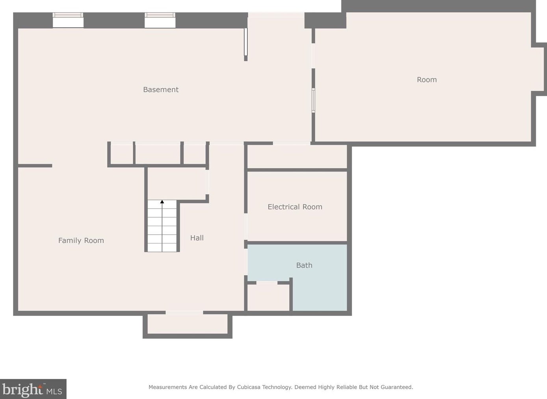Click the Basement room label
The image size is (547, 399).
161,89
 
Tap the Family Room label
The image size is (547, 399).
81,241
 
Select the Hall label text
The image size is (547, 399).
197,238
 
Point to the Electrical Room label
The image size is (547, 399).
295,207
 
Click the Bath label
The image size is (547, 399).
304,265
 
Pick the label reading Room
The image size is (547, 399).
427,80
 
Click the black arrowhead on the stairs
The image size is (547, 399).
162,201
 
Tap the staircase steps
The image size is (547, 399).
162,226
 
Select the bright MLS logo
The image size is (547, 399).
33,389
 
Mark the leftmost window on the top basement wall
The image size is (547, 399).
68,20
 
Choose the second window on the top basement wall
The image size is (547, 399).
160,20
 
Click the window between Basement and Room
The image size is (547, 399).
313,101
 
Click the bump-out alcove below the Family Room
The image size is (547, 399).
188,324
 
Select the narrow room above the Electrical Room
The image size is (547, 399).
297,157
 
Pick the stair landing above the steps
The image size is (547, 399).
177,183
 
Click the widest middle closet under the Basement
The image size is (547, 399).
158,153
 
